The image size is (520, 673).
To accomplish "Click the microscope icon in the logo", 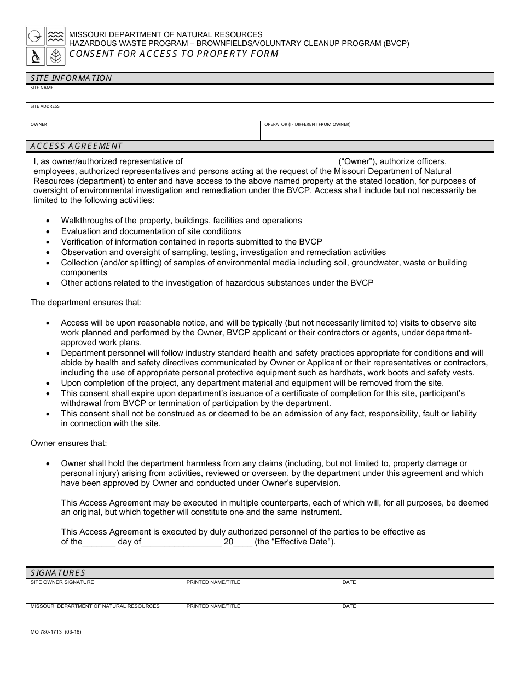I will click(x=36, y=56).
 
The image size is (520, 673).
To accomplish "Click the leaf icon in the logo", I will click(x=55, y=56).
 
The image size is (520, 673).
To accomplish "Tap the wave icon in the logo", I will click(x=55, y=37).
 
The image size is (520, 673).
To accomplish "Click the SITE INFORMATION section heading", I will click(x=71, y=78).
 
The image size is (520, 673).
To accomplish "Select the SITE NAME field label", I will click(x=42, y=88).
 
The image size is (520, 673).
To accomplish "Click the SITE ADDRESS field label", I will click(x=45, y=106).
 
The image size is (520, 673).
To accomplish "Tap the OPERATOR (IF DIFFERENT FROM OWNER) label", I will click(x=307, y=124).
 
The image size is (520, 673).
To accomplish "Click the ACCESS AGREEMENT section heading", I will click(x=76, y=146).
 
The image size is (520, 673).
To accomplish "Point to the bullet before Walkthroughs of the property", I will click(x=48, y=221).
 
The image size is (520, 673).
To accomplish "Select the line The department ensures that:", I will click(x=86, y=302).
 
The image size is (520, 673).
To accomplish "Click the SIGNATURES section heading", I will click(x=57, y=573).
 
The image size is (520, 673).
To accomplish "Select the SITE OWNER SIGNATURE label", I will click(x=62, y=582).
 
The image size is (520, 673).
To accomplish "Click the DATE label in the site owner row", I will click(x=349, y=582).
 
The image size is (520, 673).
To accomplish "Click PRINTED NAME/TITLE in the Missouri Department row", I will click(x=213, y=606).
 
